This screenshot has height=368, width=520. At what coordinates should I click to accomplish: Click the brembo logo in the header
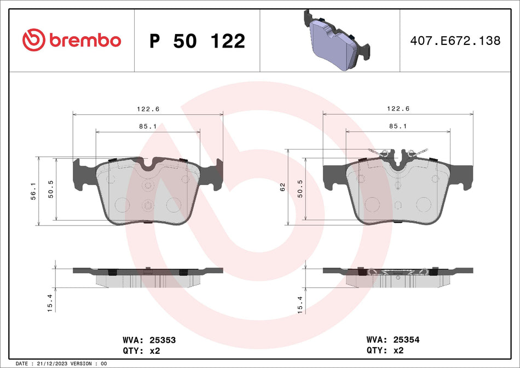pyautogui.click(x=71, y=40)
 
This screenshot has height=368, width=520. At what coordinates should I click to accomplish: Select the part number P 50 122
pyautogui.click(x=197, y=41)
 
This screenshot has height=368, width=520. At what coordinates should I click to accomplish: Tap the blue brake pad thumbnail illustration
pyautogui.click(x=333, y=40)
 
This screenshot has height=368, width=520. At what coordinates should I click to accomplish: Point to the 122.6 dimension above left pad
pyautogui.click(x=148, y=109)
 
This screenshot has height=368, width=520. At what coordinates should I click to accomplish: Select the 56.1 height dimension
pyautogui.click(x=33, y=191)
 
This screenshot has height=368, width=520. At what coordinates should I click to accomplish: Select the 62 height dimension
pyautogui.click(x=283, y=187)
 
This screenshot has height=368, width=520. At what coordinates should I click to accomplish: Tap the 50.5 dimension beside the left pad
pyautogui.click(x=51, y=189)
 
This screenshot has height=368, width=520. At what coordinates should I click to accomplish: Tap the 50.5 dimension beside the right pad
pyautogui.click(x=301, y=189)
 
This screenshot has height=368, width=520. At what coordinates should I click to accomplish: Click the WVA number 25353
pyautogui.click(x=164, y=340)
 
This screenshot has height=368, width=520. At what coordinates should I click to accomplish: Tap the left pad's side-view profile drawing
pyautogui.click(x=148, y=277)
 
